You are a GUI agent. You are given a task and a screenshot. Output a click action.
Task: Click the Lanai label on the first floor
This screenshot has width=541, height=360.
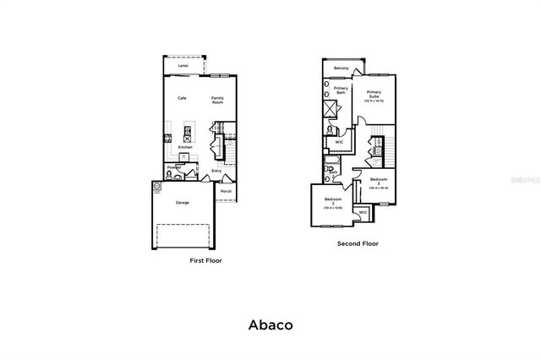point(183,65)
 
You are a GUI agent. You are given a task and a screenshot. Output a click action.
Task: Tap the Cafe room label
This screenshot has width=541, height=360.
point(182,98)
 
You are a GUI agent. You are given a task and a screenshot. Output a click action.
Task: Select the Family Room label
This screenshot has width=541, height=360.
point(217,100)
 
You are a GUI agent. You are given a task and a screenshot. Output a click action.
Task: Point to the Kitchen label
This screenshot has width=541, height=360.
point(185,147)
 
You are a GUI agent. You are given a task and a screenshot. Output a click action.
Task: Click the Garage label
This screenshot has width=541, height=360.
point(182,203)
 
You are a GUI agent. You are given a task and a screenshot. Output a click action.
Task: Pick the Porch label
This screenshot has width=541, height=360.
point(226,192)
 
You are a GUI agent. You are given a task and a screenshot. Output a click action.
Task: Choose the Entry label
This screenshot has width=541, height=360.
point(216,171)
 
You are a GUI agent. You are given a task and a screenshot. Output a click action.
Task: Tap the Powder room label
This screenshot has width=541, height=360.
point(174,167)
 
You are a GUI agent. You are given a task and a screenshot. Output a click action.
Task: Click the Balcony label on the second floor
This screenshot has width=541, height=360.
point(342,68)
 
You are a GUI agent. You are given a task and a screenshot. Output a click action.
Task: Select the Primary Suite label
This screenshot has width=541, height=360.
point(373,95)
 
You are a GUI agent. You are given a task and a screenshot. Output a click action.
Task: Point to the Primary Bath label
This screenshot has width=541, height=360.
point(341,90)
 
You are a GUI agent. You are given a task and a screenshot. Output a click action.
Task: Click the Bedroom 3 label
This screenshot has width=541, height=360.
point(378,182)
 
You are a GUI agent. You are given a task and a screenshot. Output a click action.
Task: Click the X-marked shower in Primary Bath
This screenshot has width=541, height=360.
point(331,108)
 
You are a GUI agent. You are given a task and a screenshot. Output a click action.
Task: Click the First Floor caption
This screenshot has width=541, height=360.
point(206,261)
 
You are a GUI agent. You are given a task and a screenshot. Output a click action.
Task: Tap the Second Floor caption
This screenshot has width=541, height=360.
point(358,243)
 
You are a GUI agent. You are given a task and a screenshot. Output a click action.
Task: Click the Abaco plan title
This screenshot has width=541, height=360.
point(270,324)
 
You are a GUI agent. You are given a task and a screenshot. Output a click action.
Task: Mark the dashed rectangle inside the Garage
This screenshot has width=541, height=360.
point(185,235)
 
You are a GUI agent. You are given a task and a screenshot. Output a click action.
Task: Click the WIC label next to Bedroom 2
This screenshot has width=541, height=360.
point(363,212)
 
